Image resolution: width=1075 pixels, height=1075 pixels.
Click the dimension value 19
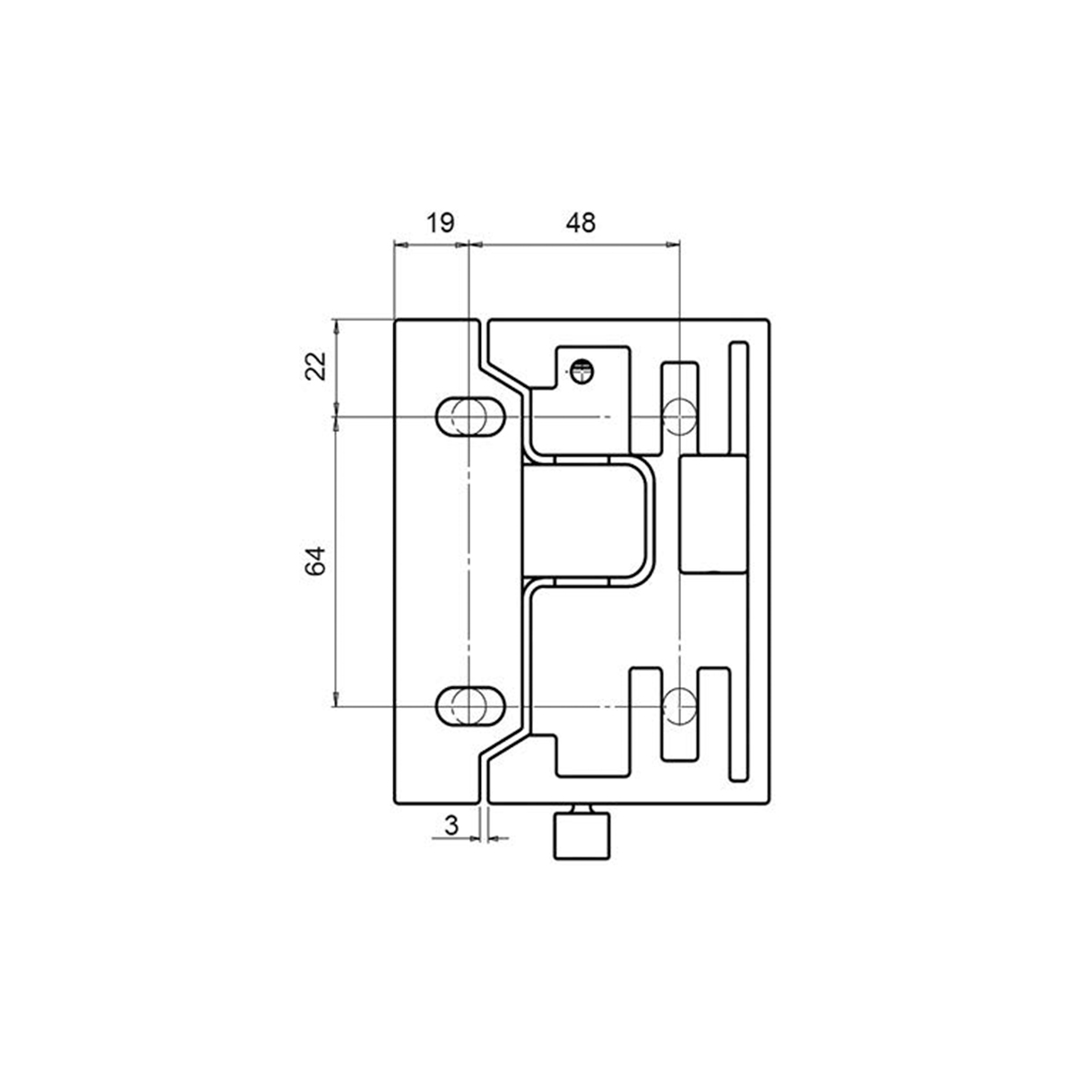[x=439, y=223]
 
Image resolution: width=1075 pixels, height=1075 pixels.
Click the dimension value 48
[x=580, y=223]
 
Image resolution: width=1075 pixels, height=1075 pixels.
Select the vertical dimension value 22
[x=314, y=366]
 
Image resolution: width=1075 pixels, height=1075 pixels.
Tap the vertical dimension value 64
[x=314, y=561]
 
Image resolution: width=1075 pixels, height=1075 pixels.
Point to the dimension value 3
[x=452, y=825]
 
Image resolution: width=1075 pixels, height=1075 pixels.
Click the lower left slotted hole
[x=469, y=706]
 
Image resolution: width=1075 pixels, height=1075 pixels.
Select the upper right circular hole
[x=679, y=416]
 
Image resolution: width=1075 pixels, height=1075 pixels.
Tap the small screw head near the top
[x=581, y=369]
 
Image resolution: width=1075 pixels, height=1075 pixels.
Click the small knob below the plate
[x=581, y=836]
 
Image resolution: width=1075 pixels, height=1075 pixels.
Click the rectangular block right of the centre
[x=713, y=514]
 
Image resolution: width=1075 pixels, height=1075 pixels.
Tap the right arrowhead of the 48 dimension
[x=673, y=243]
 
